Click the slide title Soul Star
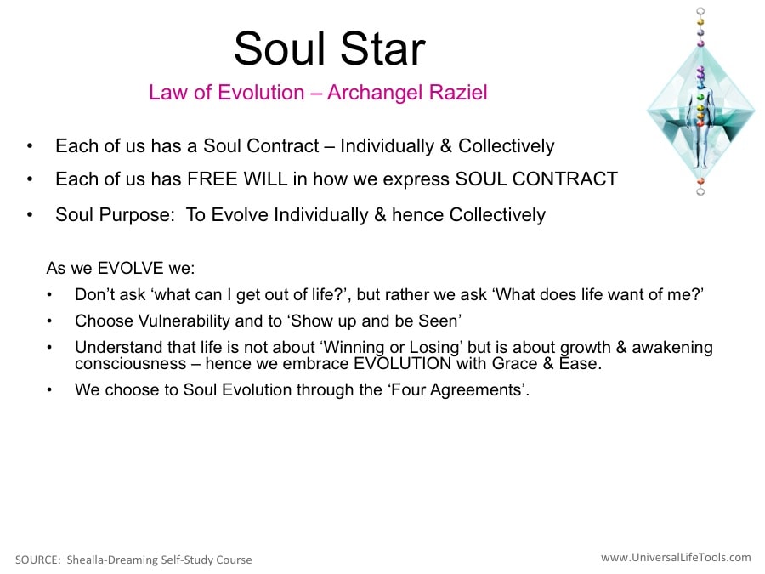tap(330, 48)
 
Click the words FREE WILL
tap(238, 179)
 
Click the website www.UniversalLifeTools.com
tap(676, 557)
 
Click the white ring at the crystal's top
tap(700, 11)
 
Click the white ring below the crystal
tap(700, 191)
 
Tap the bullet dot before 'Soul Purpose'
tap(31, 215)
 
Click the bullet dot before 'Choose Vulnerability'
tap(49, 321)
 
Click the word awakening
tap(672, 348)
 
